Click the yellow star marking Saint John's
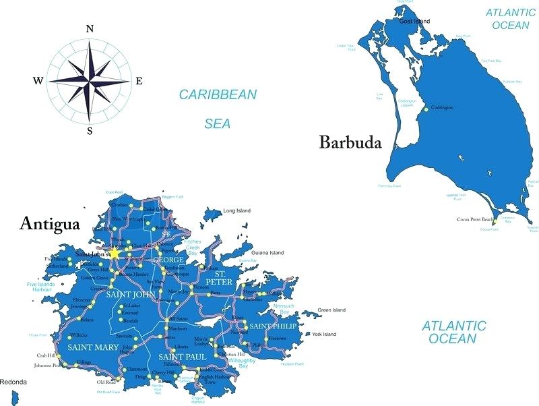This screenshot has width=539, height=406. pos(115,253)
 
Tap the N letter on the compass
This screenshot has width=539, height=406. pos(90,28)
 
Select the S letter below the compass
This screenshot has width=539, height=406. pos(90,132)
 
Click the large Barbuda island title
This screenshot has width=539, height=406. pos(350,143)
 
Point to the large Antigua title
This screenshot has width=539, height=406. pos(51,223)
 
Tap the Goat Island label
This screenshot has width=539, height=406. pos(414,22)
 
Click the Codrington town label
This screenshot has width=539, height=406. pos(442,108)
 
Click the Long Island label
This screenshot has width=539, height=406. pos(236,211)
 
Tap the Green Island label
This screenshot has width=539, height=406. pos(331,310)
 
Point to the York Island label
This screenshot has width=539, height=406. pos(324,334)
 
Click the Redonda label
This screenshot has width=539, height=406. pos(13,382)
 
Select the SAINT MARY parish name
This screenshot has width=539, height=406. pos(93,347)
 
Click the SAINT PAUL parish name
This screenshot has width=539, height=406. pos(182,355)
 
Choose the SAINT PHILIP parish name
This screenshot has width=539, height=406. pos(273,326)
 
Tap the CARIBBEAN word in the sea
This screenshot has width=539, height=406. pos(218,95)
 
